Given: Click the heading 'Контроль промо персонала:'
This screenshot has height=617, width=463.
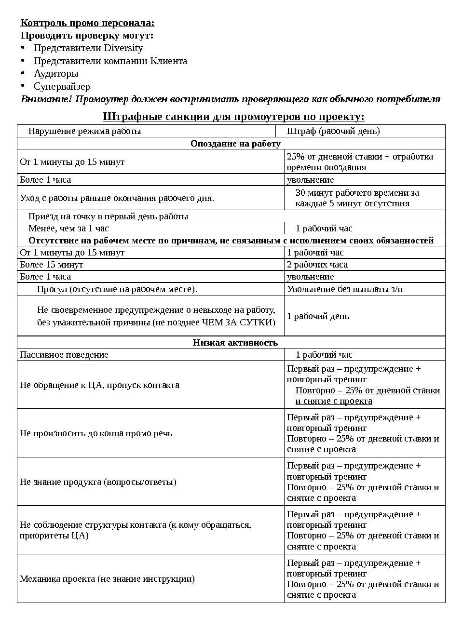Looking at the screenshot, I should (87, 23).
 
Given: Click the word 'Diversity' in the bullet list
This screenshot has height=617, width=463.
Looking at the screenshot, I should (123, 48).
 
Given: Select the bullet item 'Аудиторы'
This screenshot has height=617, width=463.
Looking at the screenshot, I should (56, 74).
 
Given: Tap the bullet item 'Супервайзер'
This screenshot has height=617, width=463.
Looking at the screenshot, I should (62, 87).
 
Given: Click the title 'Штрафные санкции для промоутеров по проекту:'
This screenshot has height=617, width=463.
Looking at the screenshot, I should (233, 117).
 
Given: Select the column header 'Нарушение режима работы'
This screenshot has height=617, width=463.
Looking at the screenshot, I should (84, 131).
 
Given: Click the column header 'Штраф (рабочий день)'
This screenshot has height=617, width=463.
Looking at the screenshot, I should (333, 131).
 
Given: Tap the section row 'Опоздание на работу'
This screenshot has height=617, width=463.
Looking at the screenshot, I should (235, 144).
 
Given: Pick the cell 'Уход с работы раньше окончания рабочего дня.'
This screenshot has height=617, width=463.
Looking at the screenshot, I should (117, 198).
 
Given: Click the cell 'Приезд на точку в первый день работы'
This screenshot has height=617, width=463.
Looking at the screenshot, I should (108, 216).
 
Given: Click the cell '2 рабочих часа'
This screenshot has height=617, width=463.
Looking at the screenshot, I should (317, 265).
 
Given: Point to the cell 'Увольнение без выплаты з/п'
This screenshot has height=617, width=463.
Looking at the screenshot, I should (345, 289).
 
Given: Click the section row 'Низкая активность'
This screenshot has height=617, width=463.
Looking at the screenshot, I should (235, 343).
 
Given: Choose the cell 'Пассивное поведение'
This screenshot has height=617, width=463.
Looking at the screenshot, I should (64, 355).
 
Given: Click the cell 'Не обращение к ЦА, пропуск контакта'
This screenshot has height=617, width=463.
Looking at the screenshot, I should (99, 385).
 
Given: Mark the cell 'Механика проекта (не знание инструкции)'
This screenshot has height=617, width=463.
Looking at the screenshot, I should (107, 579).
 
